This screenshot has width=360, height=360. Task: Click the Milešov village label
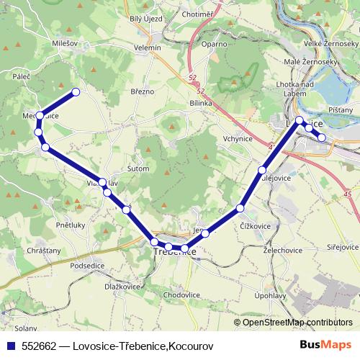(x=65, y=43)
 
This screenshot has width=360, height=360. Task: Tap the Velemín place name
(x=148, y=48)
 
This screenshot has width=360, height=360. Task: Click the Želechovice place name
(x=282, y=249)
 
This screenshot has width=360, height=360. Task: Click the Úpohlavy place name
(x=270, y=297)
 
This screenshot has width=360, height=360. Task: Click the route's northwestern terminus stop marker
(x=75, y=91)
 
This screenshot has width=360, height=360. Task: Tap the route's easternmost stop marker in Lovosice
(x=322, y=137)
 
